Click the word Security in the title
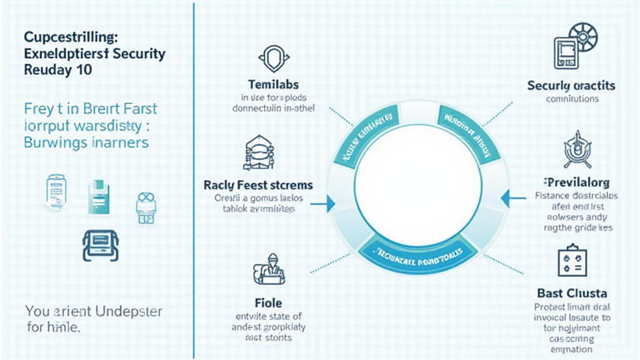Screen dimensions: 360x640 click(x=137, y=53)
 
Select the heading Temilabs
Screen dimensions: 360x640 click(x=273, y=84)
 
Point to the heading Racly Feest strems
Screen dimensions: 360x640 click(x=258, y=186)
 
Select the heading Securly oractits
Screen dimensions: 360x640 click(x=571, y=86)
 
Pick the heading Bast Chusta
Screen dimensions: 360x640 click(x=572, y=293)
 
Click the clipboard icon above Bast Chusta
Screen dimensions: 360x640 click(x=569, y=262)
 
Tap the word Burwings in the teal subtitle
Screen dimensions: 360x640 click(x=54, y=142)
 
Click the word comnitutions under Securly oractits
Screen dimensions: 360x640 click(x=572, y=99)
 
